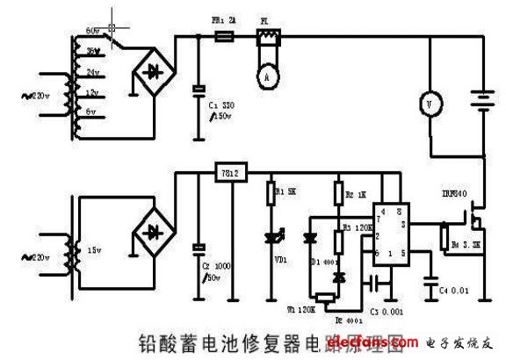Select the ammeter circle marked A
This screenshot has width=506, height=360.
tap(264, 76)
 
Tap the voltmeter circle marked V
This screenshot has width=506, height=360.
tap(429, 104)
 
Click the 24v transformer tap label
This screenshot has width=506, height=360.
tap(91, 73)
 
